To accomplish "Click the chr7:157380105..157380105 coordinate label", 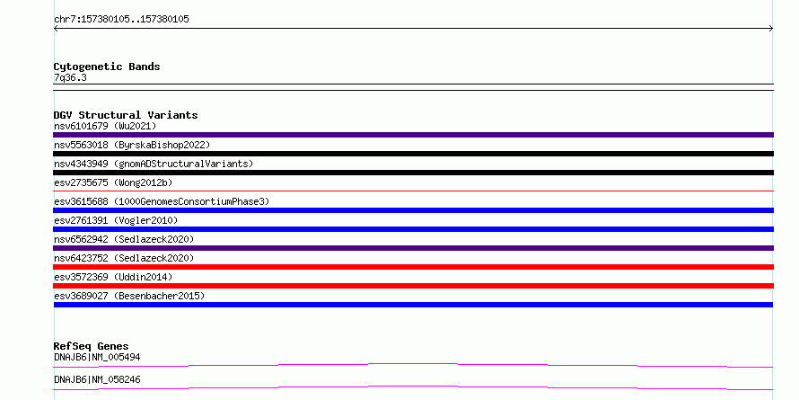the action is [x=121, y=20].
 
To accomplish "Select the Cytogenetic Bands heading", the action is [x=107, y=67].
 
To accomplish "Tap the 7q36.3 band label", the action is [x=70, y=77].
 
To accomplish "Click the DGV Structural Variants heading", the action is [x=126, y=115].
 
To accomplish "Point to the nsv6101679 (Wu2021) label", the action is [x=105, y=126].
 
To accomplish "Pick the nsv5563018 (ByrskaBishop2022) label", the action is [x=132, y=145].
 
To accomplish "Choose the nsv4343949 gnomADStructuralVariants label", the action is [x=154, y=164].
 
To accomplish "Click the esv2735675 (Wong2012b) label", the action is [x=116, y=182].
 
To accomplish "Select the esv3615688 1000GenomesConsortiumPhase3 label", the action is [x=162, y=201].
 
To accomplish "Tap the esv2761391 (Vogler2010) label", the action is [x=116, y=220].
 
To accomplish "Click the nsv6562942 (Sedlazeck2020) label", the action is [x=124, y=239].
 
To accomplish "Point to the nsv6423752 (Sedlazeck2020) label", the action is [x=124, y=258].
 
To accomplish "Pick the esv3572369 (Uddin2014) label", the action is [x=113, y=277].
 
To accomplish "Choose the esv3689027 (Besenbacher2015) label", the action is [x=129, y=296].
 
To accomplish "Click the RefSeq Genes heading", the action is [x=91, y=346].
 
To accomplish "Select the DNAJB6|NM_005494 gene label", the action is [x=97, y=357].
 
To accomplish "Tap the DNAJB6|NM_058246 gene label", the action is [x=97, y=379].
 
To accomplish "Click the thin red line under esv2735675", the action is [x=413, y=191].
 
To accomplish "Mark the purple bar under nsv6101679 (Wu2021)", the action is [x=413, y=135].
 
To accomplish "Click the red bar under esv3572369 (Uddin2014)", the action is [x=413, y=286].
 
